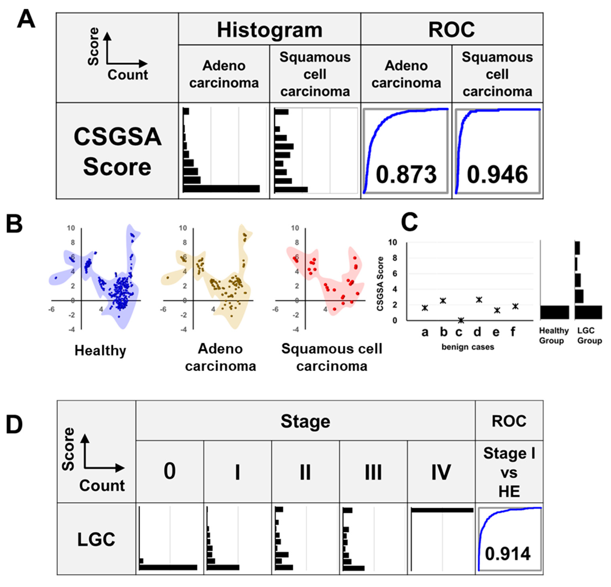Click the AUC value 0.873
406,175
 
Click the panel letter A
26,19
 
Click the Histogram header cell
269,30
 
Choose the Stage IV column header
441,472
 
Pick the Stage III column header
373,472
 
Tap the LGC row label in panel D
96,539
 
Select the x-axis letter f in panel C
513,332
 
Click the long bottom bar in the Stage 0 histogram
168,567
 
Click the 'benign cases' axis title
468,347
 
